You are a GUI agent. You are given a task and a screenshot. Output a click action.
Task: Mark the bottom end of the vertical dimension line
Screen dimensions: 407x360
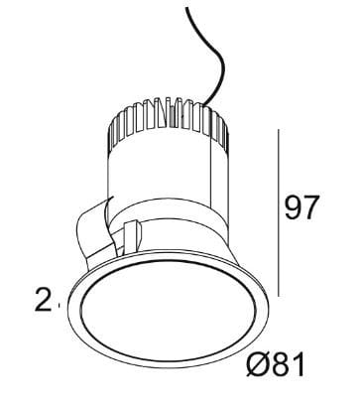click(x=280, y=295)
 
